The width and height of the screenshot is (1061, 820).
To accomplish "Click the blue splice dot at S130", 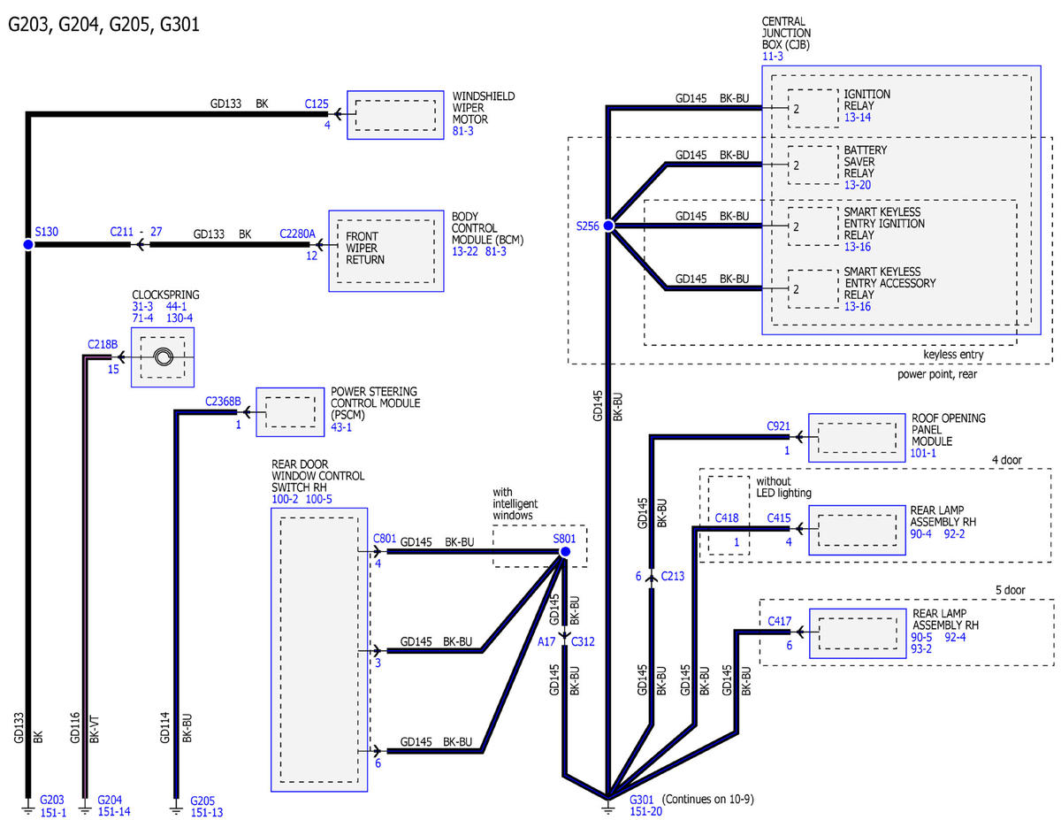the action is [28, 244].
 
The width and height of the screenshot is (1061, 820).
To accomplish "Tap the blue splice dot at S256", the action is [608, 226].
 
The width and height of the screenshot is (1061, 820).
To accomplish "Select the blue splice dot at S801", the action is [565, 551].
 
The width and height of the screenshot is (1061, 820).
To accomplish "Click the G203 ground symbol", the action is [28, 807].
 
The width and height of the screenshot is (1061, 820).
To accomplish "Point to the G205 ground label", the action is [202, 801].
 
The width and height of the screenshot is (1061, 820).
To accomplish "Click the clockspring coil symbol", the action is [163, 357].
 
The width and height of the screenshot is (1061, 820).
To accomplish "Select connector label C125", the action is [317, 103].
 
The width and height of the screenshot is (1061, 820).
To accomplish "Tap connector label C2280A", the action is [297, 234].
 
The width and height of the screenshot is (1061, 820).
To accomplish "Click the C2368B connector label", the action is [223, 401].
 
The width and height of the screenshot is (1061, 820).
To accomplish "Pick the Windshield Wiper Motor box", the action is [395, 115].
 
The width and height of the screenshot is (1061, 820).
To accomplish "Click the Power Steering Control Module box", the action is [290, 412].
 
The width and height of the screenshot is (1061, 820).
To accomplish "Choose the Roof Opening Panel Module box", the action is [857, 438].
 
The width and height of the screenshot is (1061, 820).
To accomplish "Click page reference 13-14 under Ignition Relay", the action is [858, 118].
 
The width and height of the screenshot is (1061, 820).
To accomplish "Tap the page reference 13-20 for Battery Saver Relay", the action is [858, 185].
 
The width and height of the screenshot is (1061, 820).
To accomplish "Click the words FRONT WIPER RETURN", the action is [365, 248].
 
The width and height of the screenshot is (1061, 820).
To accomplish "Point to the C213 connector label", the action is [672, 576].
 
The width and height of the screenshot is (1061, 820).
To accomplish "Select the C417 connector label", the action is [779, 621].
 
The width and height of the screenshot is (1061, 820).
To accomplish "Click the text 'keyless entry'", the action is [953, 355].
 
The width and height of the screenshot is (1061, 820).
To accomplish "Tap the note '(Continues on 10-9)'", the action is [707, 799].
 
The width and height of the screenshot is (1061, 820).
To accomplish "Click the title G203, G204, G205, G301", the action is [104, 25].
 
